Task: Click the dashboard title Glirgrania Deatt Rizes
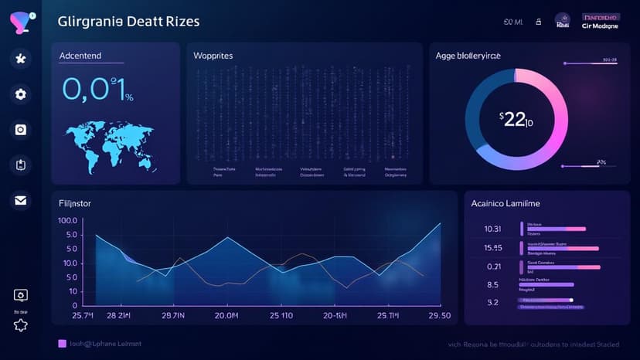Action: pos(128,22)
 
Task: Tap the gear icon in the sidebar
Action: pos(21,94)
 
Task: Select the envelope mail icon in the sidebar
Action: pos(21,201)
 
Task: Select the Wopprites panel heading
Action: pos(213,56)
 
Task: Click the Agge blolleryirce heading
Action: pos(479,56)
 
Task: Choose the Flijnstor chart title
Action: pos(76,204)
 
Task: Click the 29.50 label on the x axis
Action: pos(439,316)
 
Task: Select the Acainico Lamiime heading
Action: pos(506,203)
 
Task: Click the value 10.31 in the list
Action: pos(492,229)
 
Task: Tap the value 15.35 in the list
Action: pos(492,248)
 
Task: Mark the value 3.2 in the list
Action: pos(492,303)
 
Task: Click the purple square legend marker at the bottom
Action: pos(63,343)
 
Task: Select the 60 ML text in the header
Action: pos(513,23)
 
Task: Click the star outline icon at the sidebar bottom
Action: pos(21,324)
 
